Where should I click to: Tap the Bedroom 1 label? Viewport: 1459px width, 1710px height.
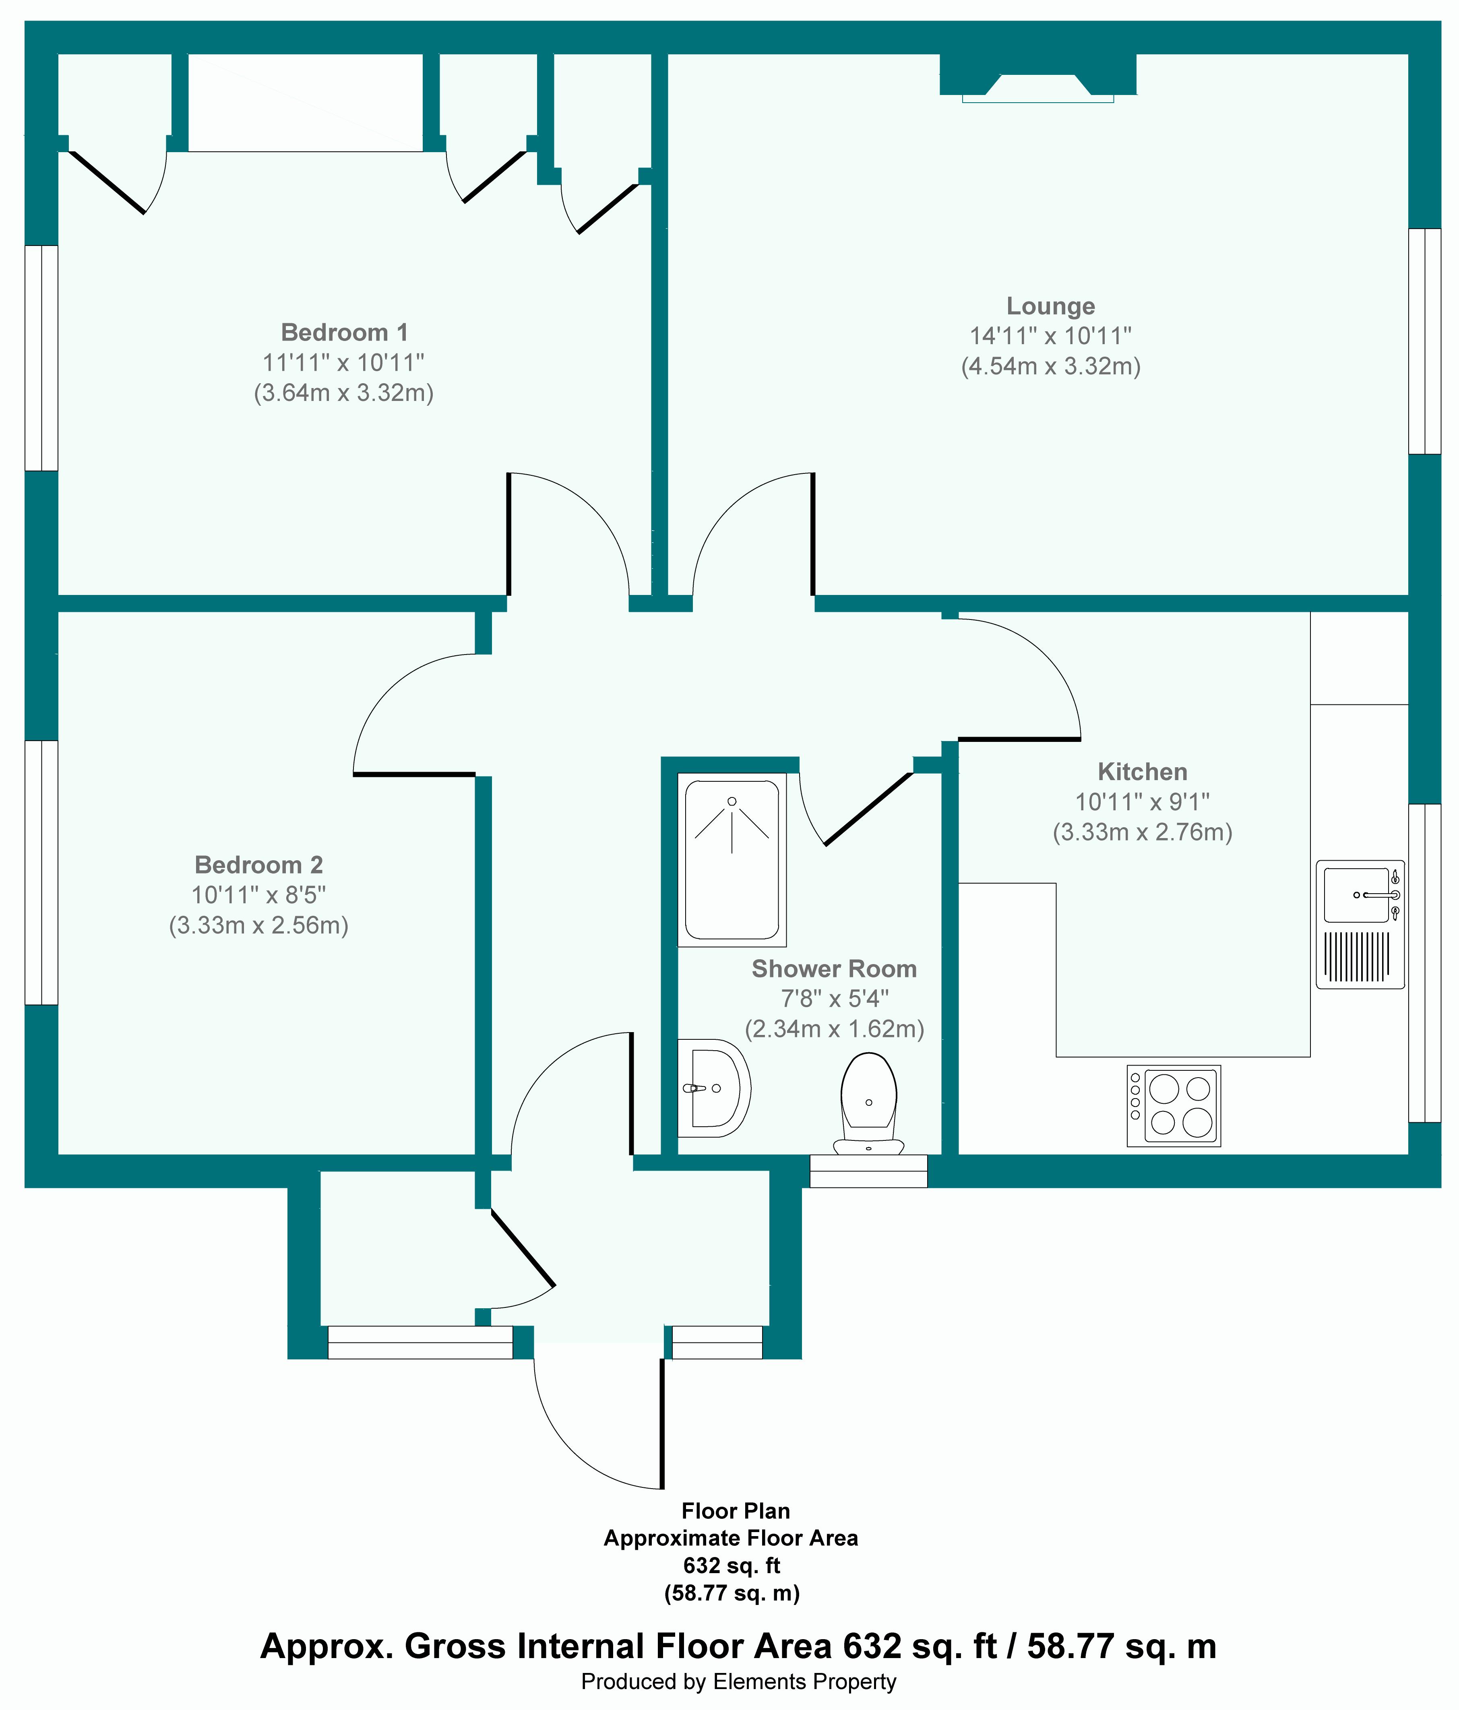point(344,332)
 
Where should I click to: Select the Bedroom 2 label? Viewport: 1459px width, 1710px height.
point(258,865)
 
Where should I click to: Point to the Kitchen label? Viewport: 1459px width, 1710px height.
point(1142,772)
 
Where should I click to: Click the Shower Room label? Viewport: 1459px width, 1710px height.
point(833,969)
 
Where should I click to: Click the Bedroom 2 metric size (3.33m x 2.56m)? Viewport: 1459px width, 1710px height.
point(258,925)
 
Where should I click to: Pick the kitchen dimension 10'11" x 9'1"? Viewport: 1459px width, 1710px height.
point(1142,801)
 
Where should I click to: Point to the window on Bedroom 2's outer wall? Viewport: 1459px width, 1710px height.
point(41,872)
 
